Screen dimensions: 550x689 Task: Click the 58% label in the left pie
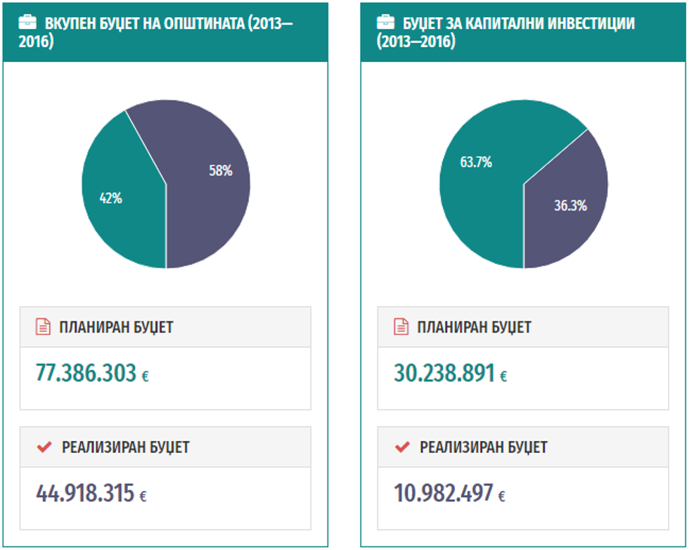[221, 171]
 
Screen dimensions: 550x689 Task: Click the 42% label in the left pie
[110, 198]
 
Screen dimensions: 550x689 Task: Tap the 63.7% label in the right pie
[476, 162]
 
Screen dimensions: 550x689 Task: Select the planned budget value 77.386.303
[86, 373]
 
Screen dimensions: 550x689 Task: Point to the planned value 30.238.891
[444, 373]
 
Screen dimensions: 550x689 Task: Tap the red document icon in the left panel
[43, 327]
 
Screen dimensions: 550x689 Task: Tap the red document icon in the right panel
[401, 327]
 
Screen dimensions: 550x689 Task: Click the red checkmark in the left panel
[44, 447]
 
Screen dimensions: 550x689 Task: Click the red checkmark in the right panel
[402, 447]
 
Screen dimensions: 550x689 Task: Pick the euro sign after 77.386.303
[145, 376]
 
